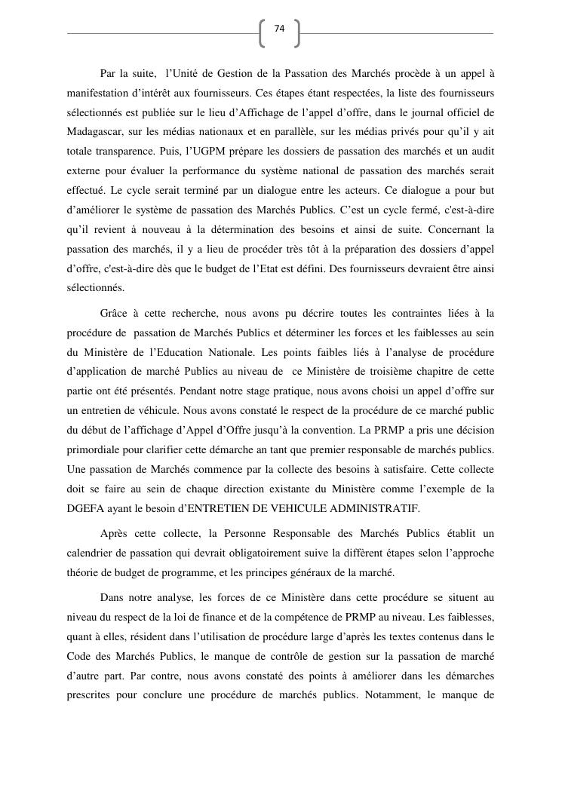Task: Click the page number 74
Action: pyautogui.click(x=279, y=29)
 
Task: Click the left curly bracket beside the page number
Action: pyautogui.click(x=262, y=33)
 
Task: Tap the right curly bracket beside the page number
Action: pyautogui.click(x=297, y=33)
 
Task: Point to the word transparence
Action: pyautogui.click(x=120, y=151)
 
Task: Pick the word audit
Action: pyautogui.click(x=480, y=151)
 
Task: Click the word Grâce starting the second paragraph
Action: pyautogui.click(x=115, y=313)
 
